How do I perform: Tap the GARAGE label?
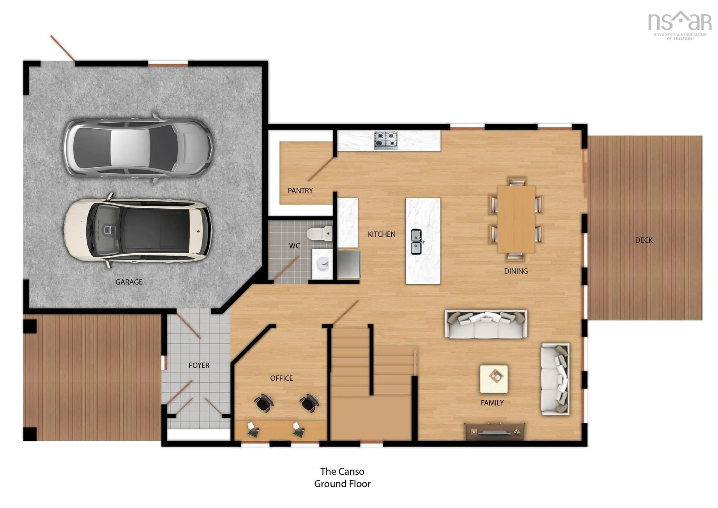pyautogui.click(x=129, y=282)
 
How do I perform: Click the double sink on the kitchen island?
pyautogui.click(x=416, y=242)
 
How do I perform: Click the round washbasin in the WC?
pyautogui.click(x=322, y=264)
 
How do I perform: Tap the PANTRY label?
pyautogui.click(x=300, y=191)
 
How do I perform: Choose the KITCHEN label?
pyautogui.click(x=381, y=234)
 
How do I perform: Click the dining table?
pyautogui.click(x=516, y=219)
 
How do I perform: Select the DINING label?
pyautogui.click(x=516, y=271)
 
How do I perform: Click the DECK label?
pyautogui.click(x=644, y=240)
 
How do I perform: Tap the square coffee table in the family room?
pyautogui.click(x=494, y=379)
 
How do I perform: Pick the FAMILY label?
pyautogui.click(x=492, y=403)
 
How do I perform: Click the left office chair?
pyautogui.click(x=264, y=402)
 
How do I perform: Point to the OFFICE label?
pyautogui.click(x=281, y=378)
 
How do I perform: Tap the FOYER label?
pyautogui.click(x=199, y=365)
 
